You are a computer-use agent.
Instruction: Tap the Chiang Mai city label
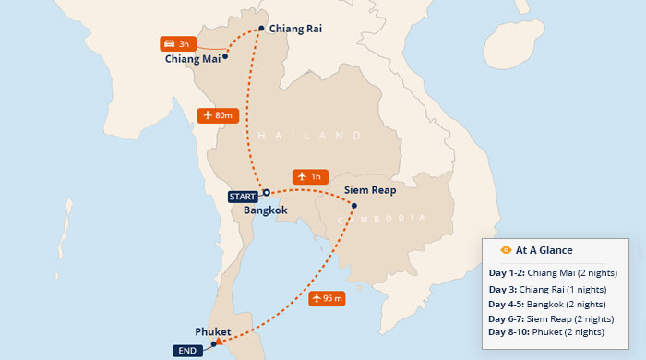click(x=192, y=60)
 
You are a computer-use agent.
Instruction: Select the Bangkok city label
click(x=266, y=210)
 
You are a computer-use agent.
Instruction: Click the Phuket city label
click(x=213, y=330)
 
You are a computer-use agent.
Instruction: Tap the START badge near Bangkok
click(x=244, y=196)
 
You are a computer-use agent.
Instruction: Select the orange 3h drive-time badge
click(x=174, y=43)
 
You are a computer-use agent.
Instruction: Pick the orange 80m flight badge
click(x=219, y=115)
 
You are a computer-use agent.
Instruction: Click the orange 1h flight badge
click(x=309, y=175)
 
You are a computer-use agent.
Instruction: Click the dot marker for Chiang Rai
click(x=261, y=28)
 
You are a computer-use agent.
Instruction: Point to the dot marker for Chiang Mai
click(x=225, y=56)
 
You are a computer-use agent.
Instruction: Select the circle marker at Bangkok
click(x=266, y=193)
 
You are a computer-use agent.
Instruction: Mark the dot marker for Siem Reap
click(x=353, y=205)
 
